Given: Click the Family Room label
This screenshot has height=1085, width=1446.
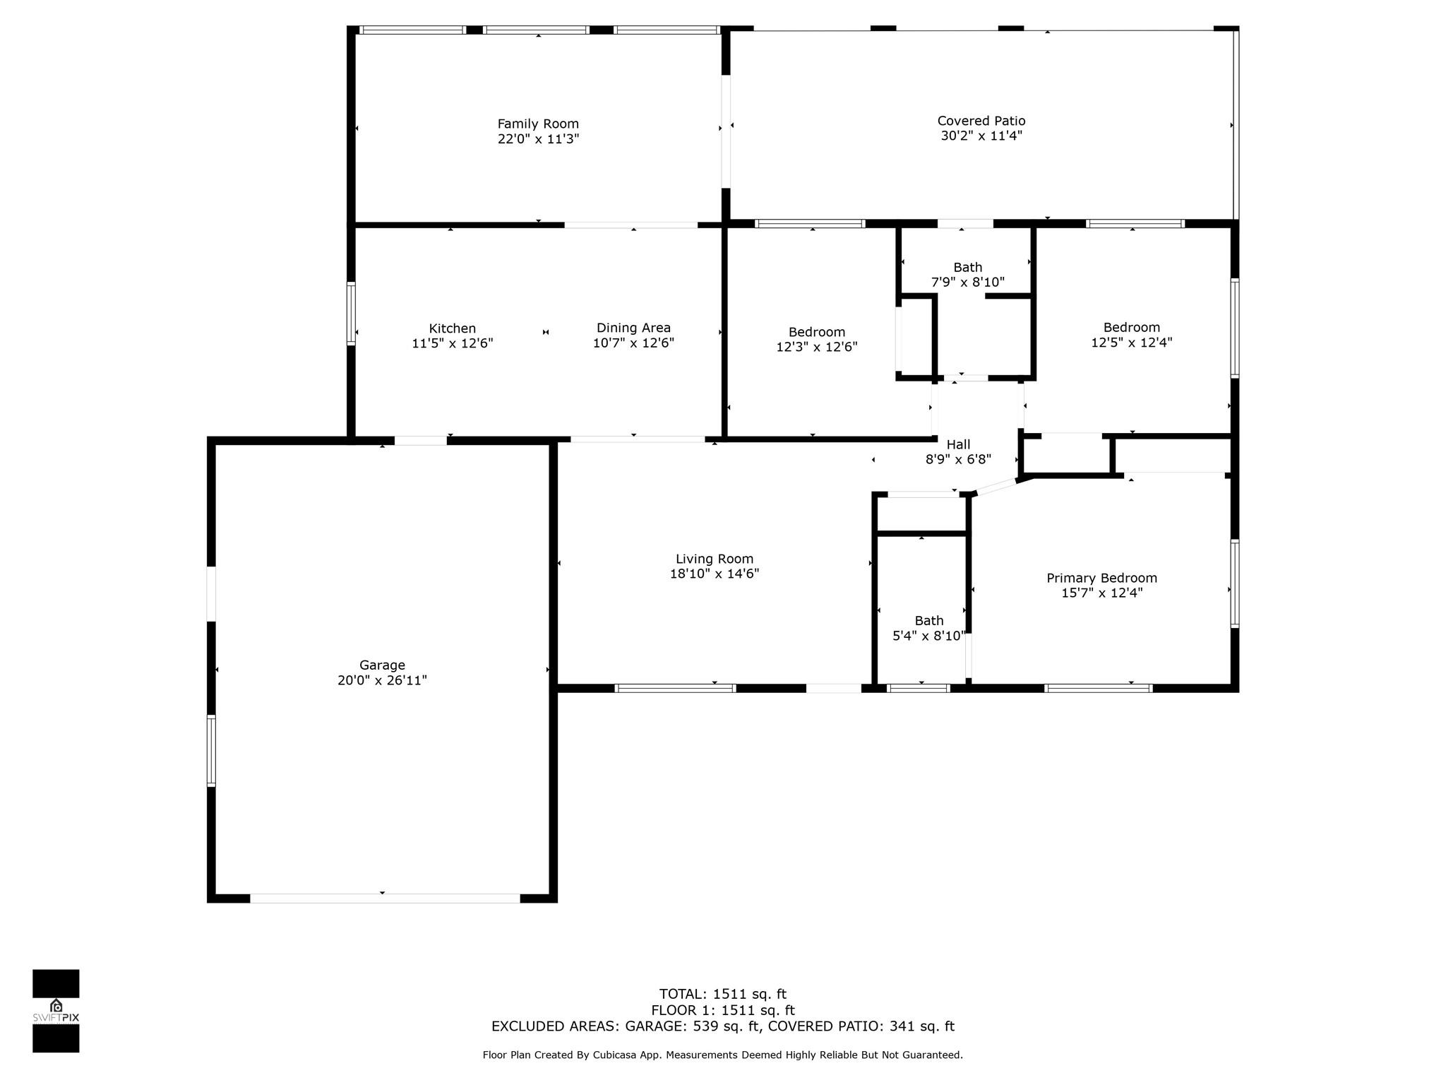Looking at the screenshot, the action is click(538, 124).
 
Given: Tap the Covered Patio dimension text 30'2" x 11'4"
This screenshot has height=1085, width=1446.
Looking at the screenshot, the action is click(981, 136).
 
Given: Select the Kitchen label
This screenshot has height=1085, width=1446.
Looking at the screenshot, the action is click(453, 328).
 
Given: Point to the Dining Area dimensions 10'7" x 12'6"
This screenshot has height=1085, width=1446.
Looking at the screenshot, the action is click(633, 343).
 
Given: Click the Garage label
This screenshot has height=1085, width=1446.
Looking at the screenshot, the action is click(382, 665).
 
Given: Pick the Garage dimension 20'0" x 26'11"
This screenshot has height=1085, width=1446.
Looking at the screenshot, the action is click(382, 680).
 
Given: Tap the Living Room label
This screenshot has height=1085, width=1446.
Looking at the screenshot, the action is click(715, 559).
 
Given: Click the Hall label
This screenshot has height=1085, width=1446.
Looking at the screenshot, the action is click(958, 444).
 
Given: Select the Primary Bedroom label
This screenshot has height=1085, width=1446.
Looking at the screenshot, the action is click(1101, 578).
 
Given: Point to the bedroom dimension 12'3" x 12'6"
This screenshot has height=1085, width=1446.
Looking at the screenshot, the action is click(817, 347).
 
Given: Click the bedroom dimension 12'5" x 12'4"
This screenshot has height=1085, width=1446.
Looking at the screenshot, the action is click(1132, 342).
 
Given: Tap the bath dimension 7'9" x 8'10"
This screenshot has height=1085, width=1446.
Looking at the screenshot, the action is click(967, 282).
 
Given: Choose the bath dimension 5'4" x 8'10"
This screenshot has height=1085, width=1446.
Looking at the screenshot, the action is click(928, 636).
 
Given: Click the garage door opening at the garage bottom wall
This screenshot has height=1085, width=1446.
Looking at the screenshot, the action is click(386, 899).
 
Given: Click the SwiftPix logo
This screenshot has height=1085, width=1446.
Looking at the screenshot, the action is click(56, 1011).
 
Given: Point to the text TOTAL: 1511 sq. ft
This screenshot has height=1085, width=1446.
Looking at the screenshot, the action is click(723, 995).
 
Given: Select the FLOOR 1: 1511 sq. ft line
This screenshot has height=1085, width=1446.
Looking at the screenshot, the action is click(723, 1010).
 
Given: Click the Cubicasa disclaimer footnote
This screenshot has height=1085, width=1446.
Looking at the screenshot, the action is click(723, 1055).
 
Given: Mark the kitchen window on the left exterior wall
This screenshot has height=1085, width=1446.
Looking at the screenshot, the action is click(351, 314).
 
